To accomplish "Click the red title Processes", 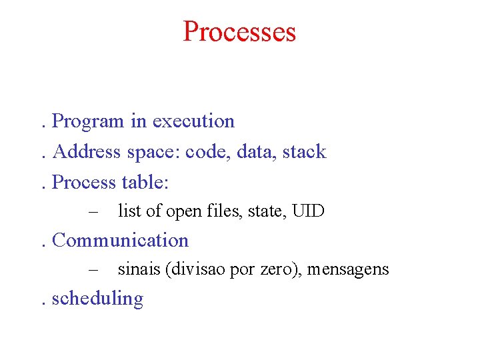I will [x=239, y=31].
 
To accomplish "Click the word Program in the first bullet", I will [x=88, y=121].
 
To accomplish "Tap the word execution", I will [x=193, y=121].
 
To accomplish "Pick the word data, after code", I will [x=257, y=152].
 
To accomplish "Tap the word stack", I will [x=304, y=152].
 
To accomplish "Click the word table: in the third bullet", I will [x=145, y=182].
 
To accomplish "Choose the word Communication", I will [x=120, y=240].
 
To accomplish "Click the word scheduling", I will [x=97, y=299].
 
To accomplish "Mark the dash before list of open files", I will [x=93, y=212].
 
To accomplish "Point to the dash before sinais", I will [x=93, y=270].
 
